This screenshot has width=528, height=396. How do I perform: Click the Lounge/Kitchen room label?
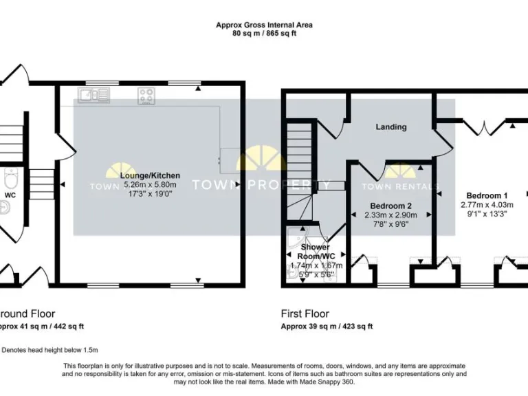tap(150, 175)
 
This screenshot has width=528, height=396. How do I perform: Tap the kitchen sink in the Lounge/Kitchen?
tap(93, 96)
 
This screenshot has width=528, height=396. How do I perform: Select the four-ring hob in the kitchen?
tap(146, 96)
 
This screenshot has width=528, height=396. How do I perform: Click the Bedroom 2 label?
tap(390, 206)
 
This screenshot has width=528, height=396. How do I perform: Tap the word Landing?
tap(390, 126)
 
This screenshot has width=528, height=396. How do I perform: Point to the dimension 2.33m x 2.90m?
tap(390, 214)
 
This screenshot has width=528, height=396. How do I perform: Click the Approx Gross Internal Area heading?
tap(264, 25)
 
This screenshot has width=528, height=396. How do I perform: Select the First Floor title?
tap(305, 313)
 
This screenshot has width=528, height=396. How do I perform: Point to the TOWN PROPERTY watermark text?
tap(260, 184)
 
